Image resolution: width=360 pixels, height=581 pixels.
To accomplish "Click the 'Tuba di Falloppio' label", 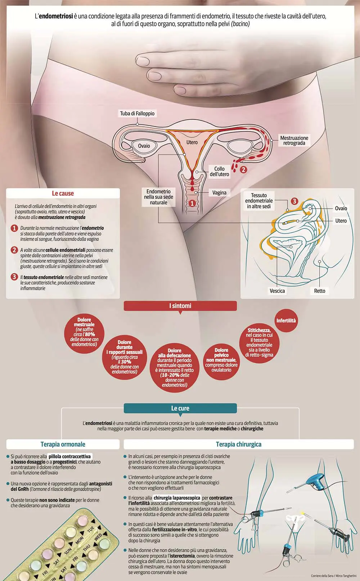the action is [137, 113].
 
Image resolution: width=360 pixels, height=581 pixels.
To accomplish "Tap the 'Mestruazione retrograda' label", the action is [294, 140].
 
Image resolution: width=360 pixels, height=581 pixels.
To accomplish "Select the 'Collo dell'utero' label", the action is [219, 172].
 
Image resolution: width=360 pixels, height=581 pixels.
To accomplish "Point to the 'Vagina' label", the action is [219, 192].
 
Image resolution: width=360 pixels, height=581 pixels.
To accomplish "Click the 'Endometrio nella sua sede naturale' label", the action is [158, 197].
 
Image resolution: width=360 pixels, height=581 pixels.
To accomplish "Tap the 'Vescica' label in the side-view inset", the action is [277, 291].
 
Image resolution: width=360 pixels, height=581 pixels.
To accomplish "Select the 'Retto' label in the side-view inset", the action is [320, 291].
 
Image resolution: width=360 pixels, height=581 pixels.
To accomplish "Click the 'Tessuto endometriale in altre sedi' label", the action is [259, 201].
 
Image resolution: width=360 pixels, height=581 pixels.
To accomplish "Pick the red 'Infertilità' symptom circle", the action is [286, 321].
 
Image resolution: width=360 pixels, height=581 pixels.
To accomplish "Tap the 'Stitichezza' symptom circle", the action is [259, 342].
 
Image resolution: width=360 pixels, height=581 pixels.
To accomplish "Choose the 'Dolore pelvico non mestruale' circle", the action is [221, 360].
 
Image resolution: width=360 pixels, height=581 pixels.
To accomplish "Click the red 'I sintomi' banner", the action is [180, 306].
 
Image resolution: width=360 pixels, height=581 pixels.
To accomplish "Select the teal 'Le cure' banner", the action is [180, 408].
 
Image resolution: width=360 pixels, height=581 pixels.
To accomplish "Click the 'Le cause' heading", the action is [63, 193].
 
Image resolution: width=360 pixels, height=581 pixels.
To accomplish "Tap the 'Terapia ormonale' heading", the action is [63, 444].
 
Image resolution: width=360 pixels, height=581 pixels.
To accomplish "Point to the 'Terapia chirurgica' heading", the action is [239, 444].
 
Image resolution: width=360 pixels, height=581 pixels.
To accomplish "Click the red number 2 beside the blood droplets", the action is [243, 170].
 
